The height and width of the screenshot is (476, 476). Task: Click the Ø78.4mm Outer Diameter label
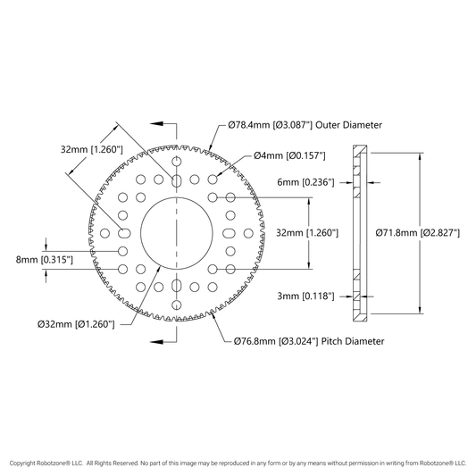(x=305, y=125)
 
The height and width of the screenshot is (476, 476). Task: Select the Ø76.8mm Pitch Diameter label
(x=309, y=341)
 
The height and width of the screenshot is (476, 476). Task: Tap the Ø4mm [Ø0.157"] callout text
(x=289, y=155)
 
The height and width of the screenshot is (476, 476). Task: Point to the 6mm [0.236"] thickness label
(x=305, y=182)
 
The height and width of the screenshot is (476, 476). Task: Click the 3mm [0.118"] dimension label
(x=305, y=296)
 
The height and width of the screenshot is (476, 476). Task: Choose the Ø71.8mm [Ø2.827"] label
(x=418, y=233)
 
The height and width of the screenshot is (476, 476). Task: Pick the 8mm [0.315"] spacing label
(x=45, y=260)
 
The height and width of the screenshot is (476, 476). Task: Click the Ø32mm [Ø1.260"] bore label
(x=76, y=324)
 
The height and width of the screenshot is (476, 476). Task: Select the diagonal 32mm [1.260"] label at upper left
(x=92, y=149)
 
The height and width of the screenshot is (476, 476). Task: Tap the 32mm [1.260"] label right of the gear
(x=307, y=233)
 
